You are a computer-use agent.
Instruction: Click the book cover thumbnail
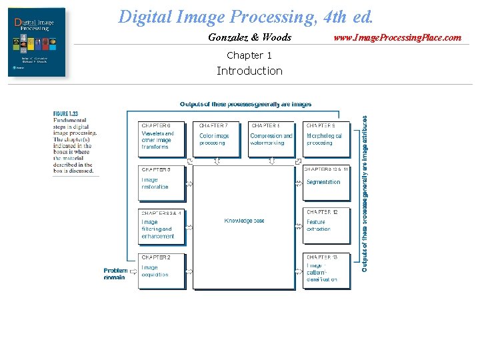tap(37, 43)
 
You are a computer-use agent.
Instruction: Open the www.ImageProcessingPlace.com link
tap(397, 37)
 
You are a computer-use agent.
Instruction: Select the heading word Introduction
tap(249, 71)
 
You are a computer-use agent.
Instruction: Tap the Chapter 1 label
tap(249, 55)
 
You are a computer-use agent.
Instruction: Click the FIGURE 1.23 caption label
tap(65, 115)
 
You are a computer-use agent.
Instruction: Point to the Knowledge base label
tap(244, 221)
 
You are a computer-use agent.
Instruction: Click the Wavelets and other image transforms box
tap(161, 139)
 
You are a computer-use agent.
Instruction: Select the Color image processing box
tap(215, 139)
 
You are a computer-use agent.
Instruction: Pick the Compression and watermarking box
tap(271, 139)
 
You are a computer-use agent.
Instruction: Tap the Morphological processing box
tap(326, 139)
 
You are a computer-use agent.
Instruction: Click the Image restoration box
tap(161, 182)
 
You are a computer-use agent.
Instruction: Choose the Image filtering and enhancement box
tap(161, 227)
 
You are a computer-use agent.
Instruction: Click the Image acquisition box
tap(161, 270)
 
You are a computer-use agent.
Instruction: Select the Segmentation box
tap(326, 182)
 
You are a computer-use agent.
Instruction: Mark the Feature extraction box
tap(326, 225)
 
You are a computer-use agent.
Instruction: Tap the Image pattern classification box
tap(326, 270)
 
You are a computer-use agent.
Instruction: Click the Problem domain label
tap(115, 273)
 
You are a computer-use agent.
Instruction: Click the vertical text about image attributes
tap(365, 193)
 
